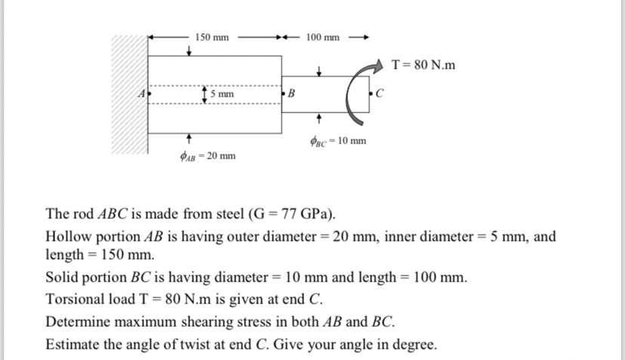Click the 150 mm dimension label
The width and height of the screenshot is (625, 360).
coord(211,38)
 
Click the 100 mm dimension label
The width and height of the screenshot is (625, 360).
coord(322,38)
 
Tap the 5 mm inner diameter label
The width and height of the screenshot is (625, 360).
coord(222,94)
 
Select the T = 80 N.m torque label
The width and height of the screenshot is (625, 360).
coord(423,65)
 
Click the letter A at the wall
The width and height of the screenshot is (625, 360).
coord(142,94)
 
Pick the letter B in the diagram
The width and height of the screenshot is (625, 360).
coord(291,94)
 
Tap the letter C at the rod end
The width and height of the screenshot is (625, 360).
coord(379,94)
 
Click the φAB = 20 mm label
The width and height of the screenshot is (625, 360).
coord(208,156)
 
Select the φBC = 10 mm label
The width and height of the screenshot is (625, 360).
coord(338,141)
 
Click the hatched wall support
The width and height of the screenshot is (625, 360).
coord(130,94)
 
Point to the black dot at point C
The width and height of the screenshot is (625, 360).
coord(371,94)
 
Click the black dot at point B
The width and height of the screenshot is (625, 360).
coord(283,94)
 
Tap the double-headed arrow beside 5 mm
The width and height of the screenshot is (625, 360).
coord(205,95)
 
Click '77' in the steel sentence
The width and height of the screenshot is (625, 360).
coord(288,214)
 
